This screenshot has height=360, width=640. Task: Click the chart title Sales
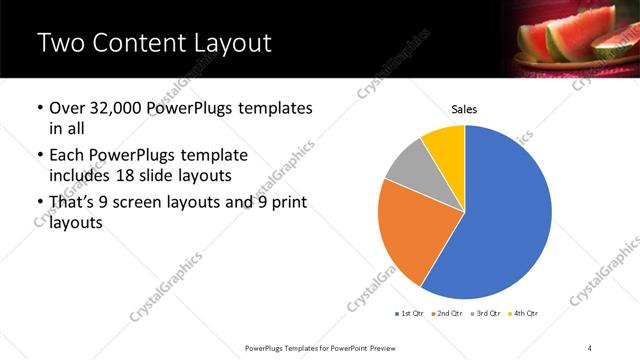click(465, 108)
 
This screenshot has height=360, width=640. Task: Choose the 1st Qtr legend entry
click(412, 314)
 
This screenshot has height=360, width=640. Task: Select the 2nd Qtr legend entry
click(448, 314)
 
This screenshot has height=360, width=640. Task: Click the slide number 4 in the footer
click(590, 347)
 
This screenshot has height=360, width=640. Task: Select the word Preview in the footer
click(387, 347)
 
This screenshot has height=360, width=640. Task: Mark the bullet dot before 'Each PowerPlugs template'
click(39, 156)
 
